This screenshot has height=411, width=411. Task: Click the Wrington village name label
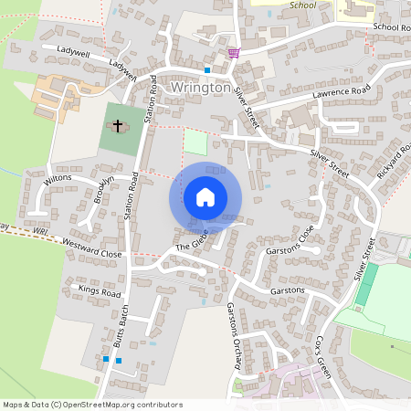tap(200, 89)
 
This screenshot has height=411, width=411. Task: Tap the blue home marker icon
tap(205, 197)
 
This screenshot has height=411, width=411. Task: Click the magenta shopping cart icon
tap(235, 53)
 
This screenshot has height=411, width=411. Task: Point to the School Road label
tap(392, 27)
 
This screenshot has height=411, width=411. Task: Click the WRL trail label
tap(39, 233)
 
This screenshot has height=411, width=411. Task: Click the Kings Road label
tap(100, 291)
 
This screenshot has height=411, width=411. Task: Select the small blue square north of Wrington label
tap(207, 69)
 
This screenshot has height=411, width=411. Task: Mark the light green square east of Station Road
tap(195, 142)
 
